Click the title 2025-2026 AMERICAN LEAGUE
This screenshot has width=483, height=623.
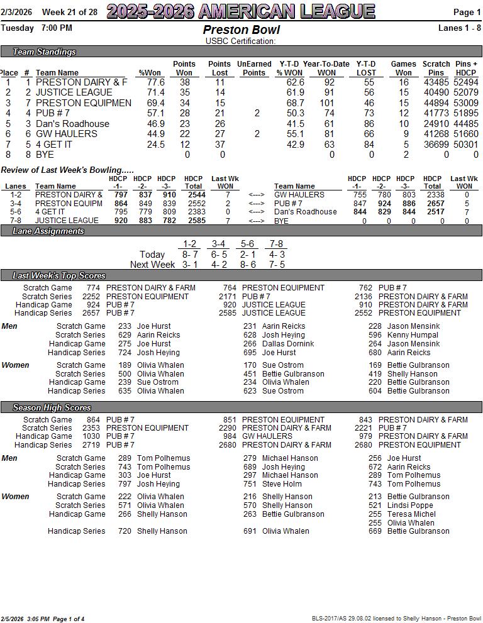pyautogui.click(x=241, y=11)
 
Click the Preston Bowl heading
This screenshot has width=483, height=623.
pyautogui.click(x=241, y=30)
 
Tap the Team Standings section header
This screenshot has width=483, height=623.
pyautogui.click(x=44, y=52)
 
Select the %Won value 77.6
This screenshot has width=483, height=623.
pyautogui.click(x=155, y=82)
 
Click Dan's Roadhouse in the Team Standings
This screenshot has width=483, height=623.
pyautogui.click(x=72, y=124)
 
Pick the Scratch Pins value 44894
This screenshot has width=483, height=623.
pyautogui.click(x=436, y=103)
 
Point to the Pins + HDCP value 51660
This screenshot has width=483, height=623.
pyautogui.click(x=466, y=134)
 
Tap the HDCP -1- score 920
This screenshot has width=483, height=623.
pyautogui.click(x=120, y=221)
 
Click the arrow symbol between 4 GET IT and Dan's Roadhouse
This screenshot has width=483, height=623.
pyautogui.click(x=256, y=212)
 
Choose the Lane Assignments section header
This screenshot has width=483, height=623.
pyautogui.click(x=48, y=231)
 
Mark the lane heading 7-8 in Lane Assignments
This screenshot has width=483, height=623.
pyautogui.click(x=276, y=244)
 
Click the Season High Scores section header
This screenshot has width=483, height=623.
pyautogui.click(x=52, y=407)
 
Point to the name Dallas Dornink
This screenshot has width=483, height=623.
pyautogui.click(x=288, y=344)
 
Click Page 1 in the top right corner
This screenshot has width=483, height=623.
pyautogui.click(x=467, y=12)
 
